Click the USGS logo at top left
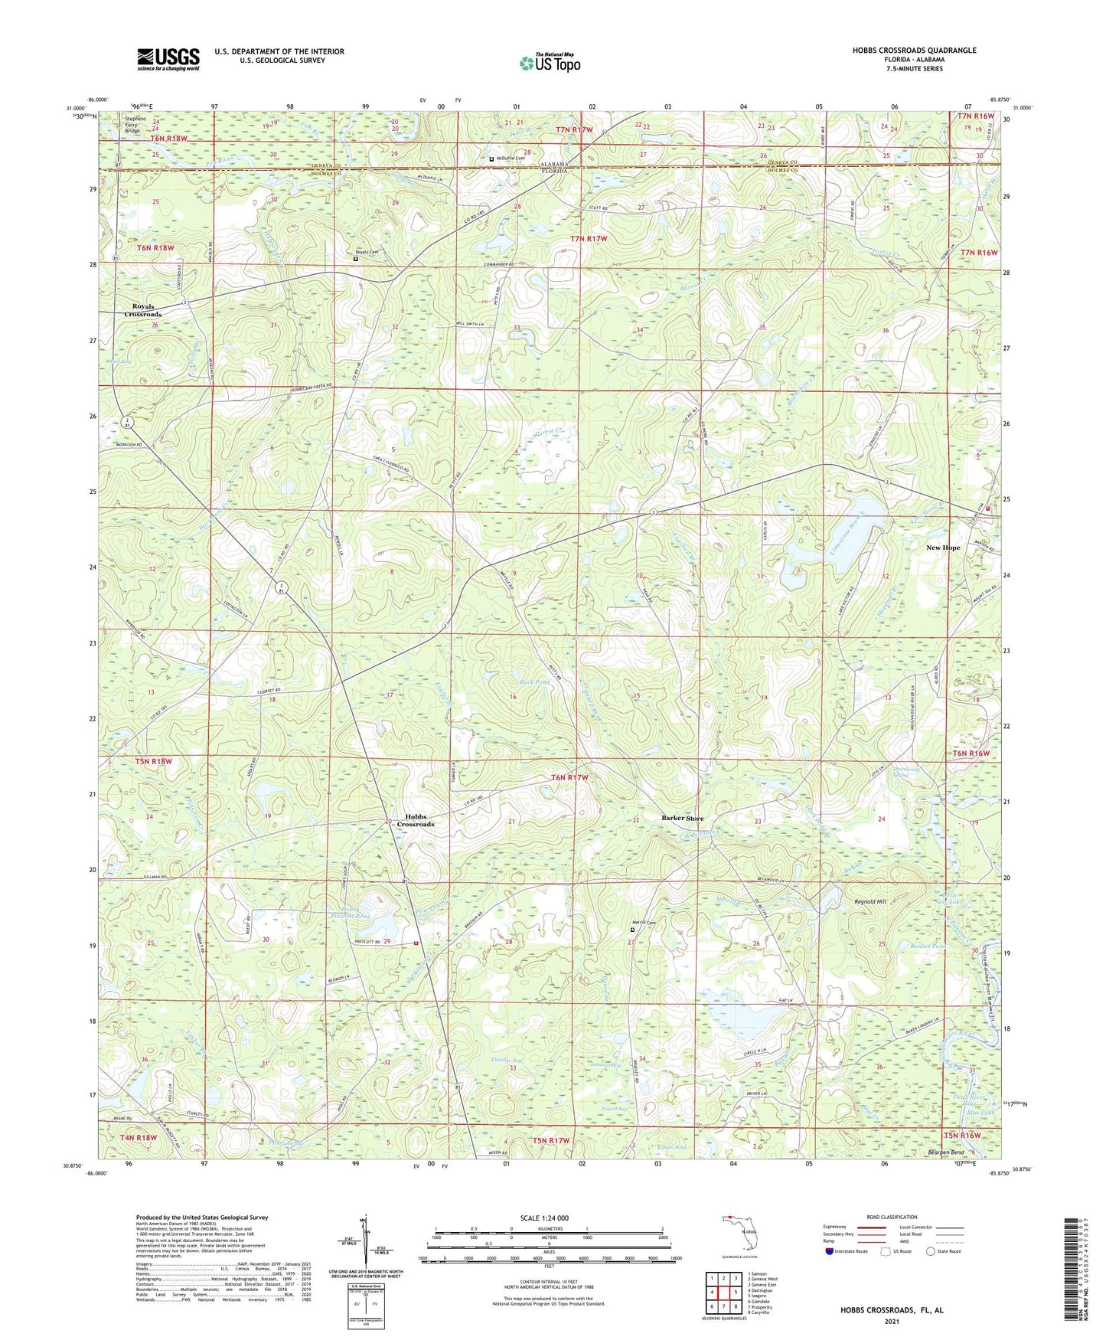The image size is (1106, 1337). click(168, 59)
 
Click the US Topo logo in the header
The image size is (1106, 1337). click(550, 63)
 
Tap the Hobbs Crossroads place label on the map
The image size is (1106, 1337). click(415, 820)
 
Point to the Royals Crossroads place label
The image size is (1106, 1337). click(143, 310)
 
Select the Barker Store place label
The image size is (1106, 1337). click(682, 818)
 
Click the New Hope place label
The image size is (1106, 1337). click(942, 548)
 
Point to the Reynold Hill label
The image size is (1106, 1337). click(870, 902)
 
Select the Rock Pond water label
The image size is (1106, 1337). click(536, 682)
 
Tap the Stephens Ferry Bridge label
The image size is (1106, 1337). click(132, 125)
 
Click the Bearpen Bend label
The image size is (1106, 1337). click(945, 1152)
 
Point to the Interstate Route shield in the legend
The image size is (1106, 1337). click(831, 1251)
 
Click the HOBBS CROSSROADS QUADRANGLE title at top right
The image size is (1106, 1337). click(914, 51)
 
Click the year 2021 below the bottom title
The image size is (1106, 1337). click(891, 1321)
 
